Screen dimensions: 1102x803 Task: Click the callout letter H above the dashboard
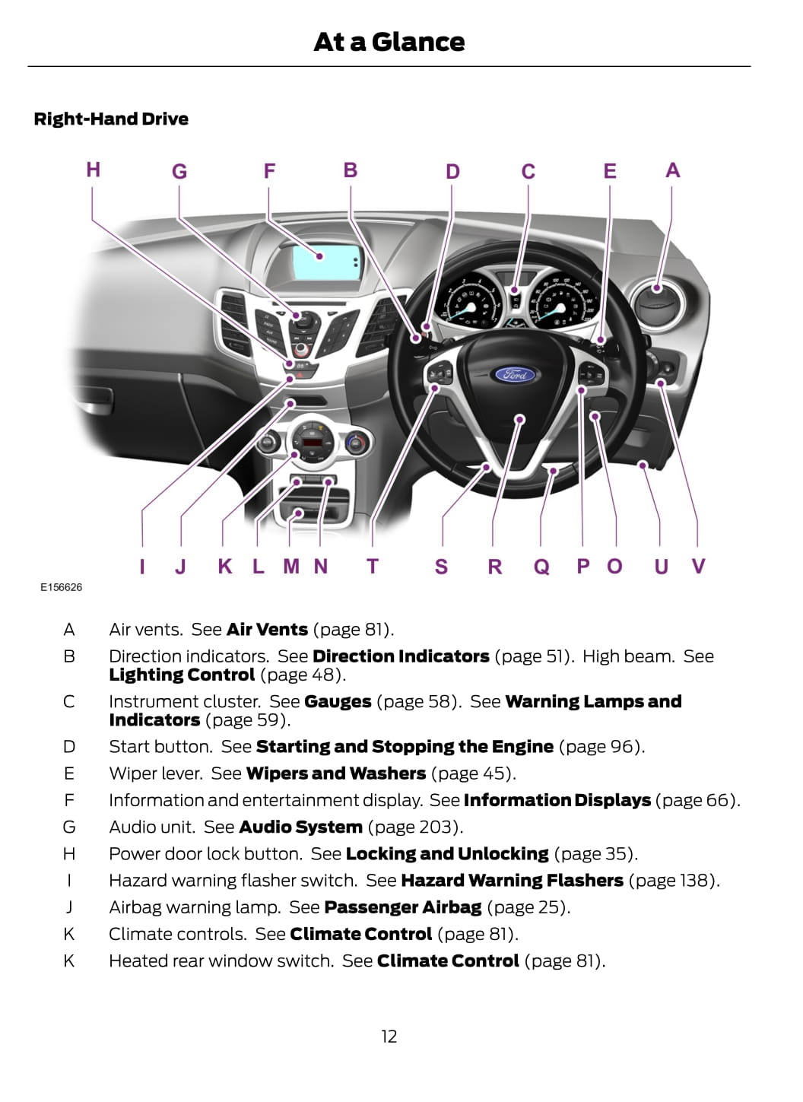pyautogui.click(x=93, y=170)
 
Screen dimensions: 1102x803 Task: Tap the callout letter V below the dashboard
pyautogui.click(x=698, y=567)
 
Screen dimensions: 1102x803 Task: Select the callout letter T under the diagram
pyautogui.click(x=372, y=567)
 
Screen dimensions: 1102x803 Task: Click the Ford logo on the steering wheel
pyautogui.click(x=514, y=374)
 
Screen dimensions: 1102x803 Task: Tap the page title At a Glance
pyautogui.click(x=389, y=42)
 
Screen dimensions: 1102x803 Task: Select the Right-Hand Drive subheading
pyautogui.click(x=111, y=119)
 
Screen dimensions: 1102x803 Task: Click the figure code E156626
pyautogui.click(x=61, y=587)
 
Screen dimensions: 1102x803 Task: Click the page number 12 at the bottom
pyautogui.click(x=389, y=1037)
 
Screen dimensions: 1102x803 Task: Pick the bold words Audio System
pyautogui.click(x=300, y=827)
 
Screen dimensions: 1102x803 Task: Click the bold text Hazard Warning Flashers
pyautogui.click(x=512, y=881)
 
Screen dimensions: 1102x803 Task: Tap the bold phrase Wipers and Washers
pyautogui.click(x=335, y=773)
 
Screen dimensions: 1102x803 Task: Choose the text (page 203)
pyautogui.click(x=415, y=827)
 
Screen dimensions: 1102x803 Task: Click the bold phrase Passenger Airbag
pyautogui.click(x=402, y=907)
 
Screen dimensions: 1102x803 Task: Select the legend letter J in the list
pyautogui.click(x=69, y=907)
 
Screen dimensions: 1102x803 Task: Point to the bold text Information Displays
pyautogui.click(x=557, y=800)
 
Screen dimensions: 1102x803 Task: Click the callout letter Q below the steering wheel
pyautogui.click(x=541, y=567)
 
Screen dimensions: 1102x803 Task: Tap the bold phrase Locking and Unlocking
pyautogui.click(x=446, y=854)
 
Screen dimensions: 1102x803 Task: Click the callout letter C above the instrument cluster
pyautogui.click(x=528, y=172)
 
